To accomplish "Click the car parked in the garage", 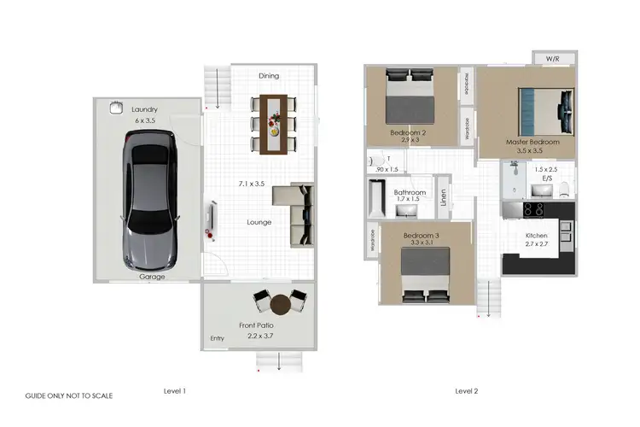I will pyautogui.click(x=151, y=202).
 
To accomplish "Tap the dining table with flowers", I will pyautogui.click(x=273, y=123).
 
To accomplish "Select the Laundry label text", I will pyautogui.click(x=144, y=109).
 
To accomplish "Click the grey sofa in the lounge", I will pyautogui.click(x=294, y=215).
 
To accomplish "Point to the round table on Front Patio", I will pyautogui.click(x=281, y=304).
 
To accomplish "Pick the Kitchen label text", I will pyautogui.click(x=536, y=235).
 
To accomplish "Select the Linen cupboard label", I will pyautogui.click(x=444, y=197).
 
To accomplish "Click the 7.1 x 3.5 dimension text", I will pyautogui.click(x=252, y=184).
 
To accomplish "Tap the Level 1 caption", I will pyautogui.click(x=174, y=390).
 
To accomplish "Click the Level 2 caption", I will pyautogui.click(x=466, y=390).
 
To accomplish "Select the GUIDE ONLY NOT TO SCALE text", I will pyautogui.click(x=68, y=396).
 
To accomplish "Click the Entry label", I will pyautogui.click(x=217, y=339).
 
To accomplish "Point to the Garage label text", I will pyautogui.click(x=152, y=277).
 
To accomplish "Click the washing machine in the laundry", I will pyautogui.click(x=115, y=108).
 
